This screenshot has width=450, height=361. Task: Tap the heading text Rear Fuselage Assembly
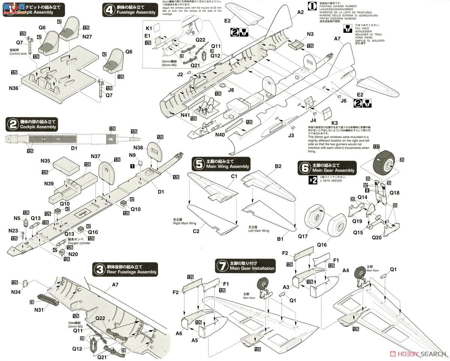(x=131, y=272)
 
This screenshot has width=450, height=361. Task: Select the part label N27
(x=87, y=37)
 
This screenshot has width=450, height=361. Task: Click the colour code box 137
(x=376, y=147)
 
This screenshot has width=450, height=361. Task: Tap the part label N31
(x=39, y=310)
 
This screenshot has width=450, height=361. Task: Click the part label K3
(x=334, y=123)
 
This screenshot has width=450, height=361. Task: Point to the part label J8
(x=231, y=90)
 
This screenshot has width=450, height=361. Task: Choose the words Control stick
(x=18, y=53)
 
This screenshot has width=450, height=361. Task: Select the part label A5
(x=194, y=340)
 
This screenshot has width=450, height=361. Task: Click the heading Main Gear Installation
(x=252, y=268)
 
